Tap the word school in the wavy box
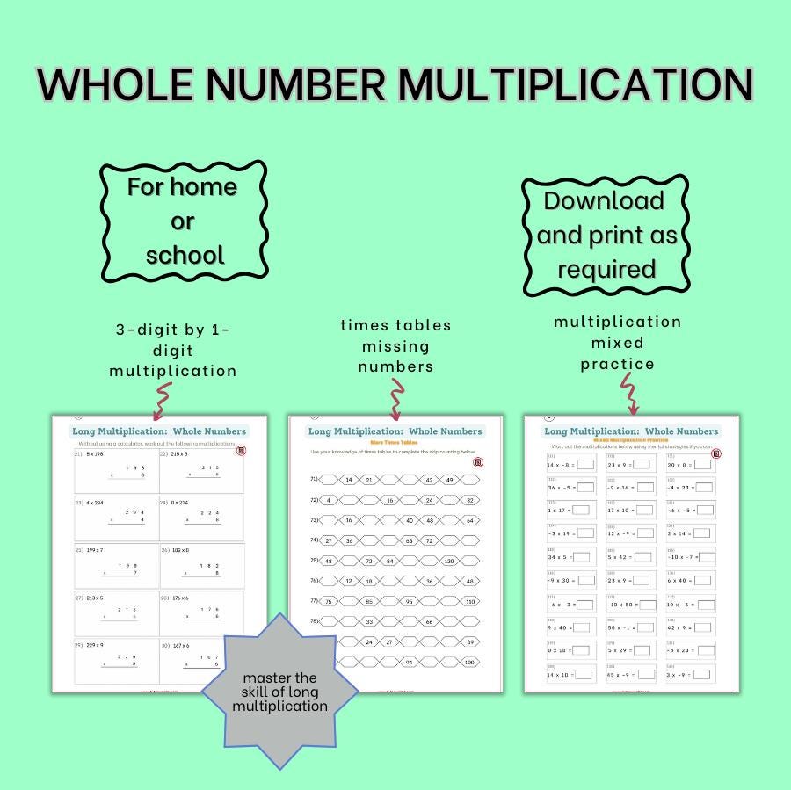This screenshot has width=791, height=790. [x=185, y=255]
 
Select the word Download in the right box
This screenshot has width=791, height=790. [x=603, y=200]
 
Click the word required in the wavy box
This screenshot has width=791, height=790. [x=606, y=268]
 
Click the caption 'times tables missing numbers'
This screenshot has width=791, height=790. [x=395, y=345]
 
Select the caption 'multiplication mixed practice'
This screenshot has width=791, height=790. [x=617, y=343]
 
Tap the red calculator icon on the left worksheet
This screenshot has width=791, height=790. [x=242, y=451]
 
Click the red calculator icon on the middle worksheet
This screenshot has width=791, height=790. [x=477, y=460]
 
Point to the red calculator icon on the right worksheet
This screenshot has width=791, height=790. [x=715, y=453]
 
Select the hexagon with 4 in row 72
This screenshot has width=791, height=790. [x=328, y=500]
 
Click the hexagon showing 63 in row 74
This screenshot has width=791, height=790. [x=409, y=540]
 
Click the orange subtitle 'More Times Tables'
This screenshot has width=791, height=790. [x=395, y=442]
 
